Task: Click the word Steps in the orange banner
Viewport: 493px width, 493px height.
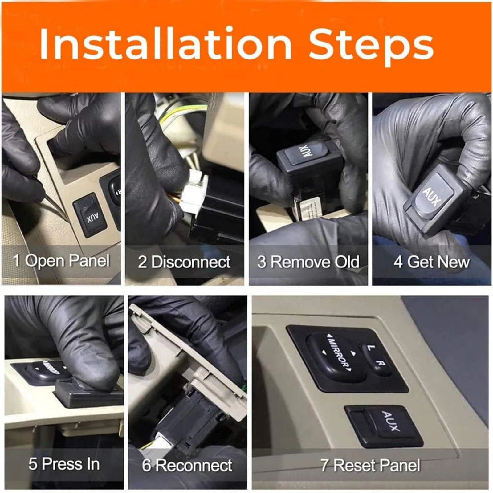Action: (371, 47)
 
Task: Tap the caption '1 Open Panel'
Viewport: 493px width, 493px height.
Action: (61, 261)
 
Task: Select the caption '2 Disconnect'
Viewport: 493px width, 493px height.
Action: (184, 262)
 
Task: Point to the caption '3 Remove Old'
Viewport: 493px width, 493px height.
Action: (308, 262)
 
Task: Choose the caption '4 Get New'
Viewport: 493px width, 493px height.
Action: (431, 262)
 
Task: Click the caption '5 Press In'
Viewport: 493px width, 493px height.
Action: (64, 464)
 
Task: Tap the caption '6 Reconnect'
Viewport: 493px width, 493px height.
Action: (187, 465)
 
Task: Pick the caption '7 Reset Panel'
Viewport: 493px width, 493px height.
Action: (370, 465)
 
